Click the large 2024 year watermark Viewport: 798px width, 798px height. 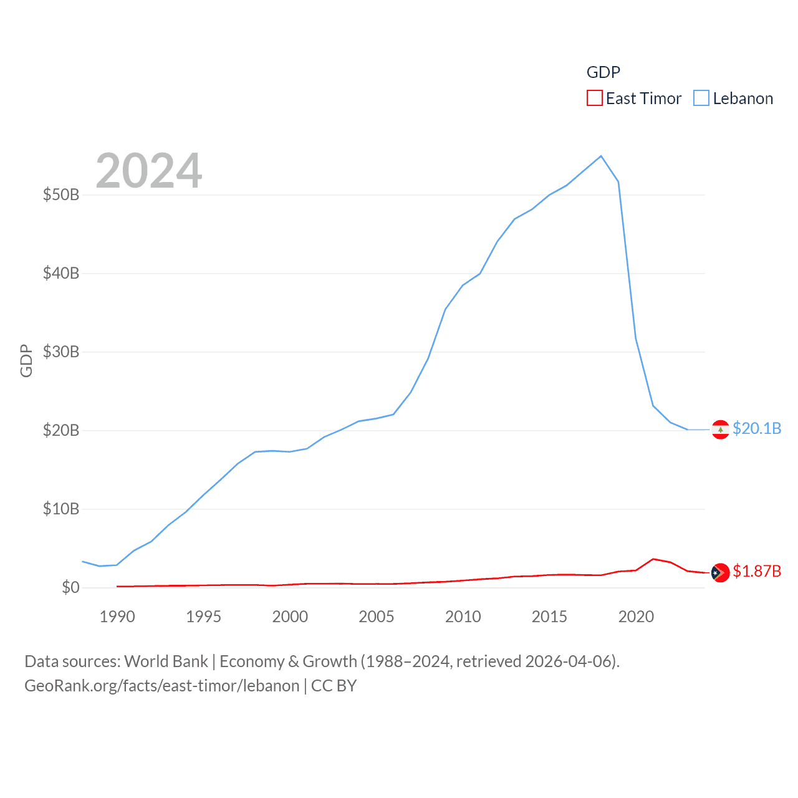pos(149,171)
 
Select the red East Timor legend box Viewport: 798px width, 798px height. pos(595,99)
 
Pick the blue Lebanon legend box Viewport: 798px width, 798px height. pos(701,99)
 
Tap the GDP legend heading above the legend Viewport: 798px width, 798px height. pos(603,72)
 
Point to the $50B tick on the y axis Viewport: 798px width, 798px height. pos(61,195)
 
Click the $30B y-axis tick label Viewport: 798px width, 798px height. pos(61,352)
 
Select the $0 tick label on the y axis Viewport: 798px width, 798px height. pos(70,587)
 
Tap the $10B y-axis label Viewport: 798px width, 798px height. pos(61,509)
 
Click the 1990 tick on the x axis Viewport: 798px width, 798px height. pos(117,617)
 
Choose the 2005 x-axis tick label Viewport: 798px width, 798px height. pos(377,617)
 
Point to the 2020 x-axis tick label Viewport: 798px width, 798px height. pos(636,617)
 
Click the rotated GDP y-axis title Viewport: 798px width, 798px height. pos(26,360)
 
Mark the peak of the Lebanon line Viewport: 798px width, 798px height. pos(601,156)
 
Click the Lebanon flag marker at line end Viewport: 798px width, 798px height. pos(721,430)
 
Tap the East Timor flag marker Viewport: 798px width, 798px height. pos(721,572)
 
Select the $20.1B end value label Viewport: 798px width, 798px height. pos(757,428)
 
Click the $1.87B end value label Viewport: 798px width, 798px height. pos(757,571)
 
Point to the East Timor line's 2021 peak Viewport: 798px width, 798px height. pos(653,559)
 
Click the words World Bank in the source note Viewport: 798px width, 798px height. pos(166,661)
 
